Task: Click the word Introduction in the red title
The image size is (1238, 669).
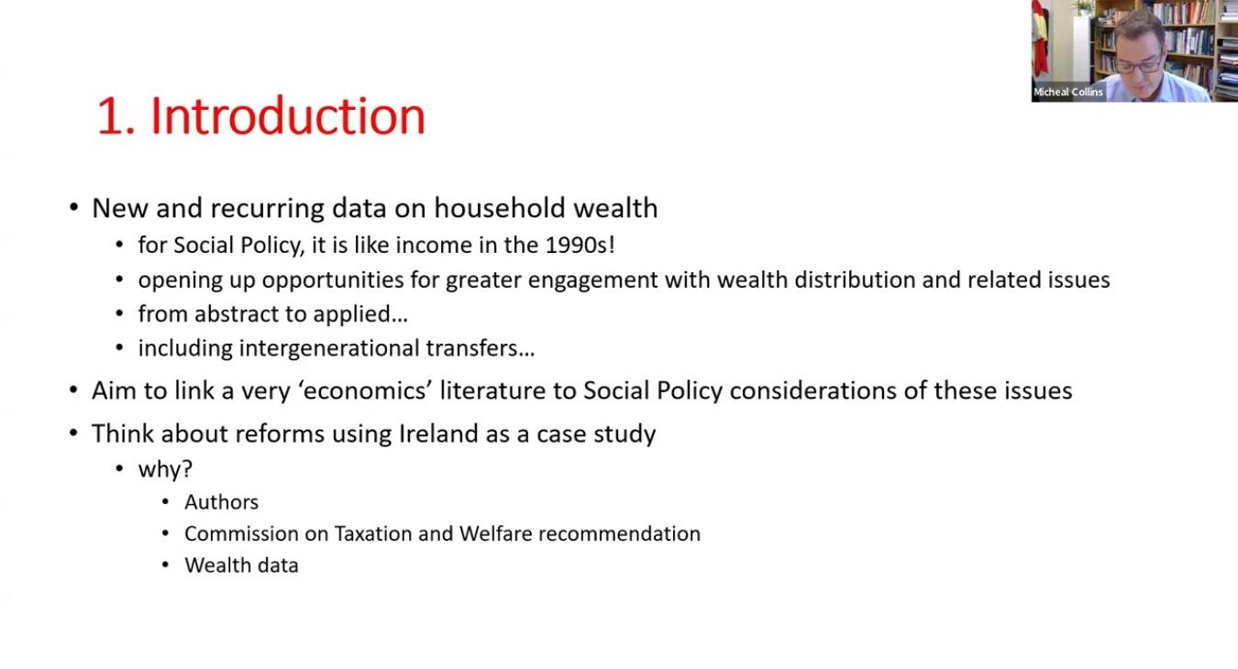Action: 288,116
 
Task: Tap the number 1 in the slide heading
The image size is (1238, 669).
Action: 110,116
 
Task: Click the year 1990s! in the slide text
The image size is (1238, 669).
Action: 580,245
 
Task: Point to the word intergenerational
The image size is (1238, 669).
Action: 329,348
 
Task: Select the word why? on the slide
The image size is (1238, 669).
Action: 165,469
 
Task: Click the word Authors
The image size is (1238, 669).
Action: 222,502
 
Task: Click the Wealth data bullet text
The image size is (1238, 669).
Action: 241,565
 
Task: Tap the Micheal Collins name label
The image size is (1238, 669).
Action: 1067,93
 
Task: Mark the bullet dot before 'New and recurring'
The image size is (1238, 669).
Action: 73,208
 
